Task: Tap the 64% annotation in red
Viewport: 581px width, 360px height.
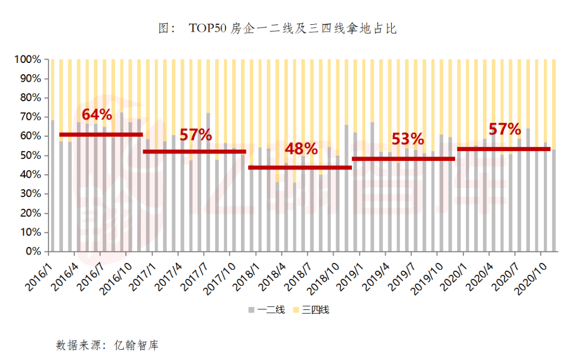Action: [x=97, y=115]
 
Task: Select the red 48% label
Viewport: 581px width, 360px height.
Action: [x=301, y=149]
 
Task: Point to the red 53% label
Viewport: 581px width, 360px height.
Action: [x=408, y=139]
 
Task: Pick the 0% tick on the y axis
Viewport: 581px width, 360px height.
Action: [x=34, y=251]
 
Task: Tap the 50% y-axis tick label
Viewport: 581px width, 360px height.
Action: [x=30, y=156]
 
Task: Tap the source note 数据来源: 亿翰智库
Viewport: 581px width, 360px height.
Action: [x=107, y=345]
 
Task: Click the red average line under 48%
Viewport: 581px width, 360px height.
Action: [x=300, y=167]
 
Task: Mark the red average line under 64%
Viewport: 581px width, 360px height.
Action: [x=101, y=134]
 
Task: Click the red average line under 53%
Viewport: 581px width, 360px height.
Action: [x=403, y=159]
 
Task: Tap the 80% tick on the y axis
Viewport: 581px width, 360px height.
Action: [x=30, y=98]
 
